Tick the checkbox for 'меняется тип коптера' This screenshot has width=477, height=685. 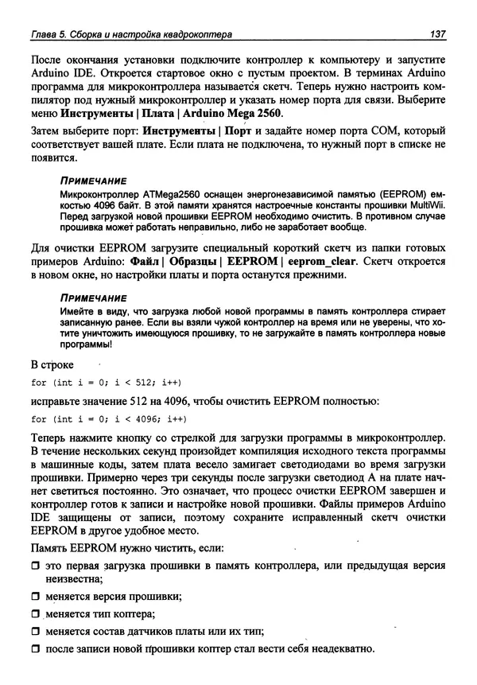35,615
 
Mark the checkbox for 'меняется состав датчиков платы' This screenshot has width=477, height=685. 35,632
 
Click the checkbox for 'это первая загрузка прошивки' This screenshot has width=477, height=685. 35,566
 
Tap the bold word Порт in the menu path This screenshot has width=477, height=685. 240,130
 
